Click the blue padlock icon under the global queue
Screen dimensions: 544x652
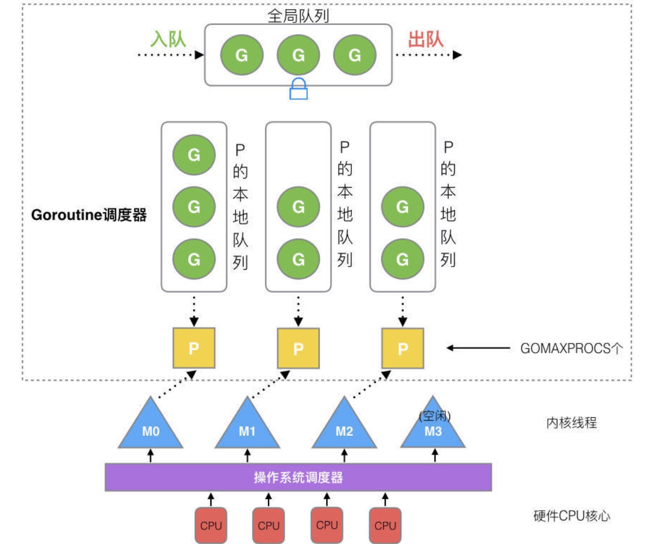click(298, 89)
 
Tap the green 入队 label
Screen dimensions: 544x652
click(168, 39)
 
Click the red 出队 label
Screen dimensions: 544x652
click(425, 39)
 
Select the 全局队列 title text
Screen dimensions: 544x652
click(298, 16)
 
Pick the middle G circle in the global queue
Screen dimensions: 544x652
click(298, 55)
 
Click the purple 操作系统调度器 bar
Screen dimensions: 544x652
click(298, 477)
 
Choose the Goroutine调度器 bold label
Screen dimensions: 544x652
click(89, 215)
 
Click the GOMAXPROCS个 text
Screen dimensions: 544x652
click(571, 349)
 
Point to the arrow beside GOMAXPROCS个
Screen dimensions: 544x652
click(478, 348)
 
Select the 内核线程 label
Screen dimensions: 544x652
click(571, 423)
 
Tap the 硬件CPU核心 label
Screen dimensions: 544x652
click(571, 516)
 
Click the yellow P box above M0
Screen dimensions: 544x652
click(194, 348)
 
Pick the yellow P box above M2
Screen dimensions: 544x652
click(402, 348)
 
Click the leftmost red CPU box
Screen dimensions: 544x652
click(211, 525)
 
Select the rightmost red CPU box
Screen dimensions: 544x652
click(385, 525)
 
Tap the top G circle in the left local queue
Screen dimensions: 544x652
click(194, 155)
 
